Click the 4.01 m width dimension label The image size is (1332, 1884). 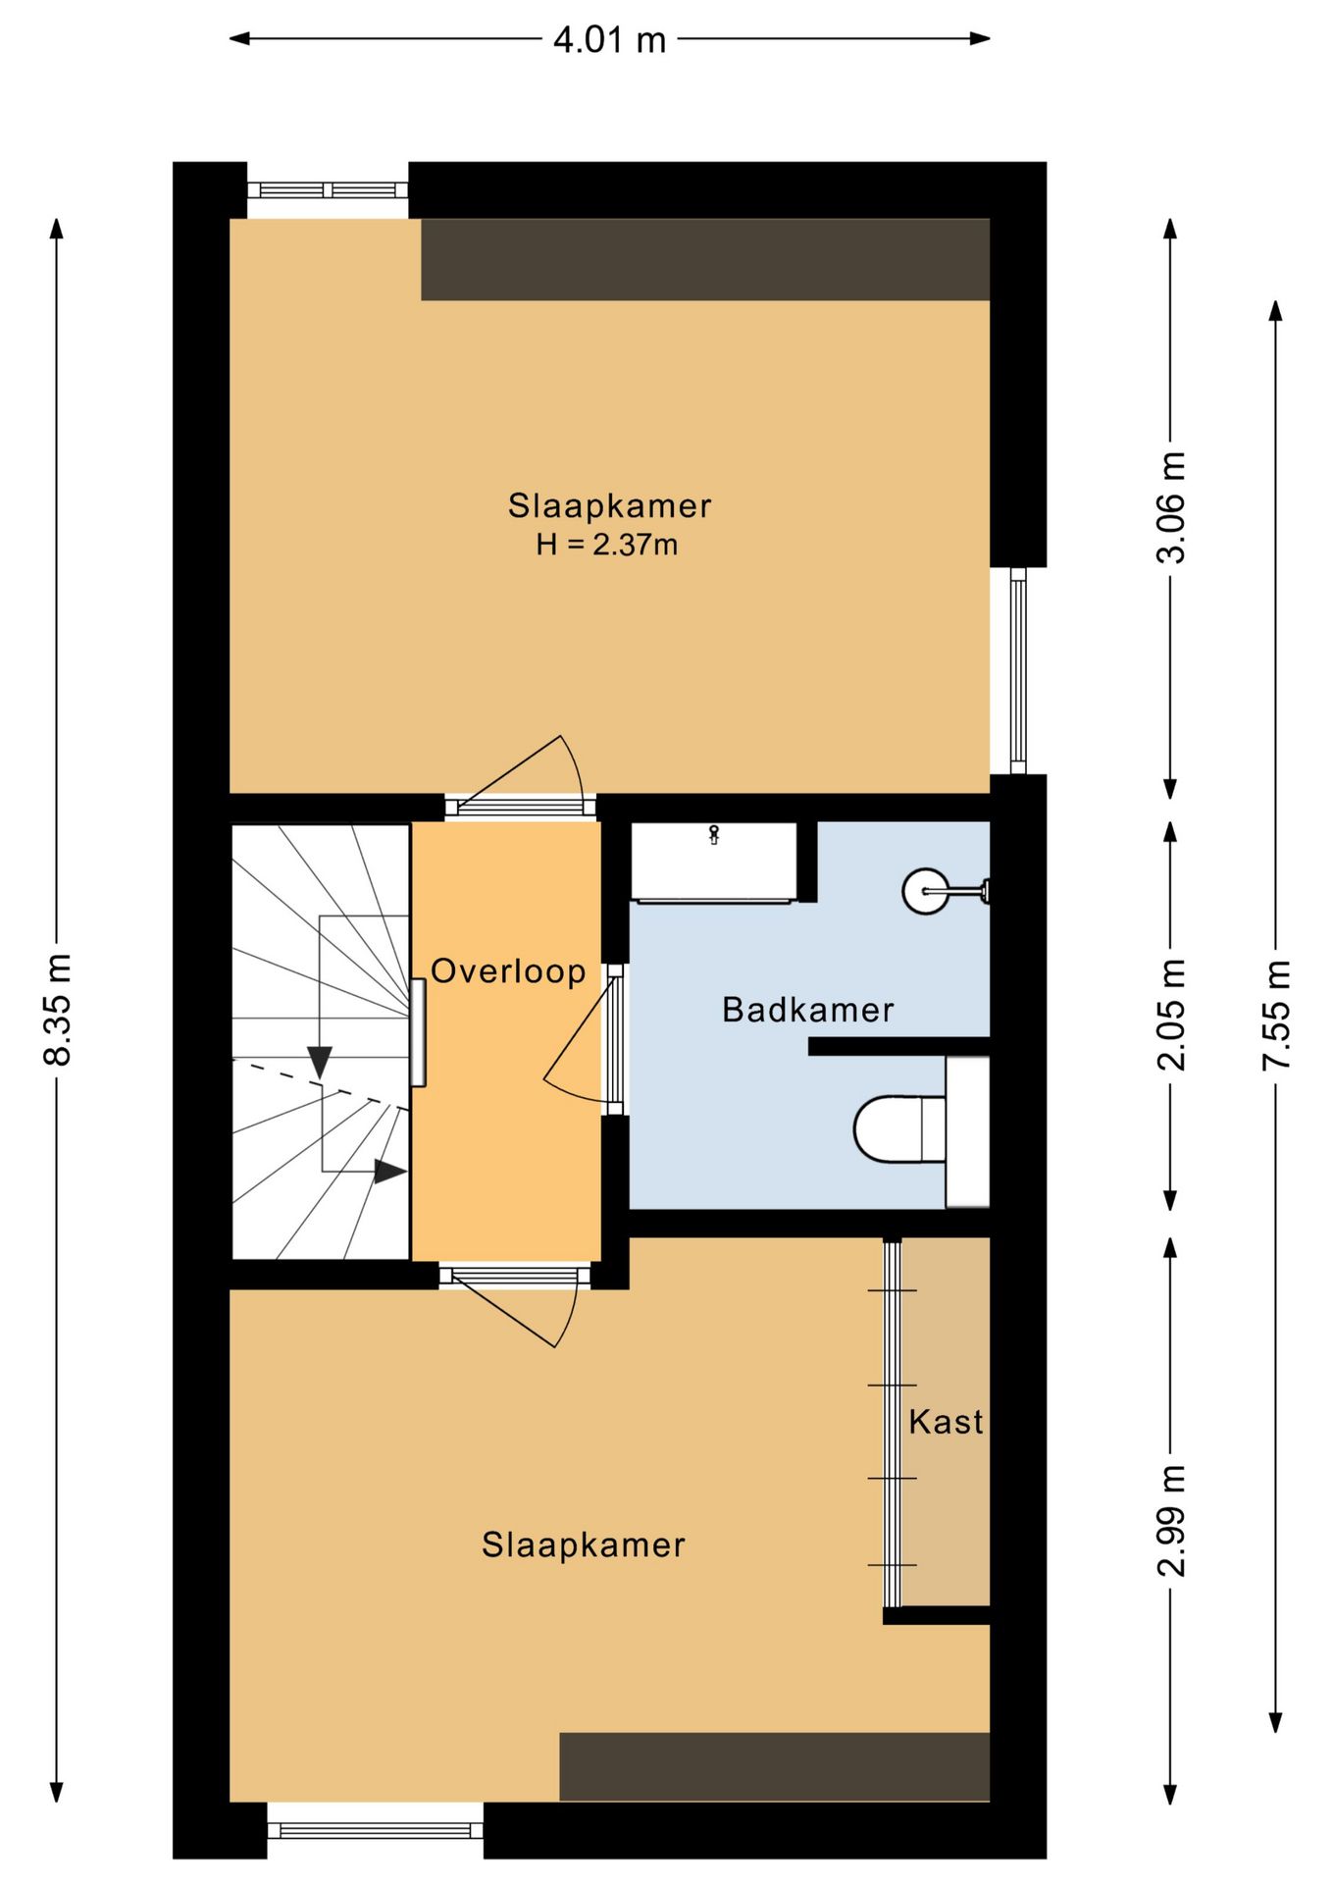click(x=609, y=40)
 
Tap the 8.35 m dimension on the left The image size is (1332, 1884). click(x=58, y=1009)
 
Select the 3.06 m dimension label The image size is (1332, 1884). click(x=1171, y=506)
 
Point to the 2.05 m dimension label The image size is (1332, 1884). click(x=1171, y=1014)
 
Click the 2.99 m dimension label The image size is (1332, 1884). click(x=1171, y=1520)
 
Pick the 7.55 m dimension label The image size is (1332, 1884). click(x=1277, y=1014)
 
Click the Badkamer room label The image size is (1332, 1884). click(x=807, y=1010)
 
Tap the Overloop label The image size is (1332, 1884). click(x=508, y=971)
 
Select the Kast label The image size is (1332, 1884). click(x=946, y=1422)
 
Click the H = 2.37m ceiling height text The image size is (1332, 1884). click(x=606, y=545)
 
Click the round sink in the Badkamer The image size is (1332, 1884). click(x=926, y=891)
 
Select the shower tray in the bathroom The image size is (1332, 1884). click(x=713, y=863)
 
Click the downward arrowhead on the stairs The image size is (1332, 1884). click(x=320, y=1062)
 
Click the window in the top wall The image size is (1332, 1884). click(x=328, y=190)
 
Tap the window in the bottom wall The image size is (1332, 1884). click(x=375, y=1830)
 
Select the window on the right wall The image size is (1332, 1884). click(x=1018, y=671)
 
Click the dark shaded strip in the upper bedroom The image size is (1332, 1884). click(x=705, y=259)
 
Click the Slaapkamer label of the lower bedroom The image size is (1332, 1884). click(x=584, y=1545)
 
